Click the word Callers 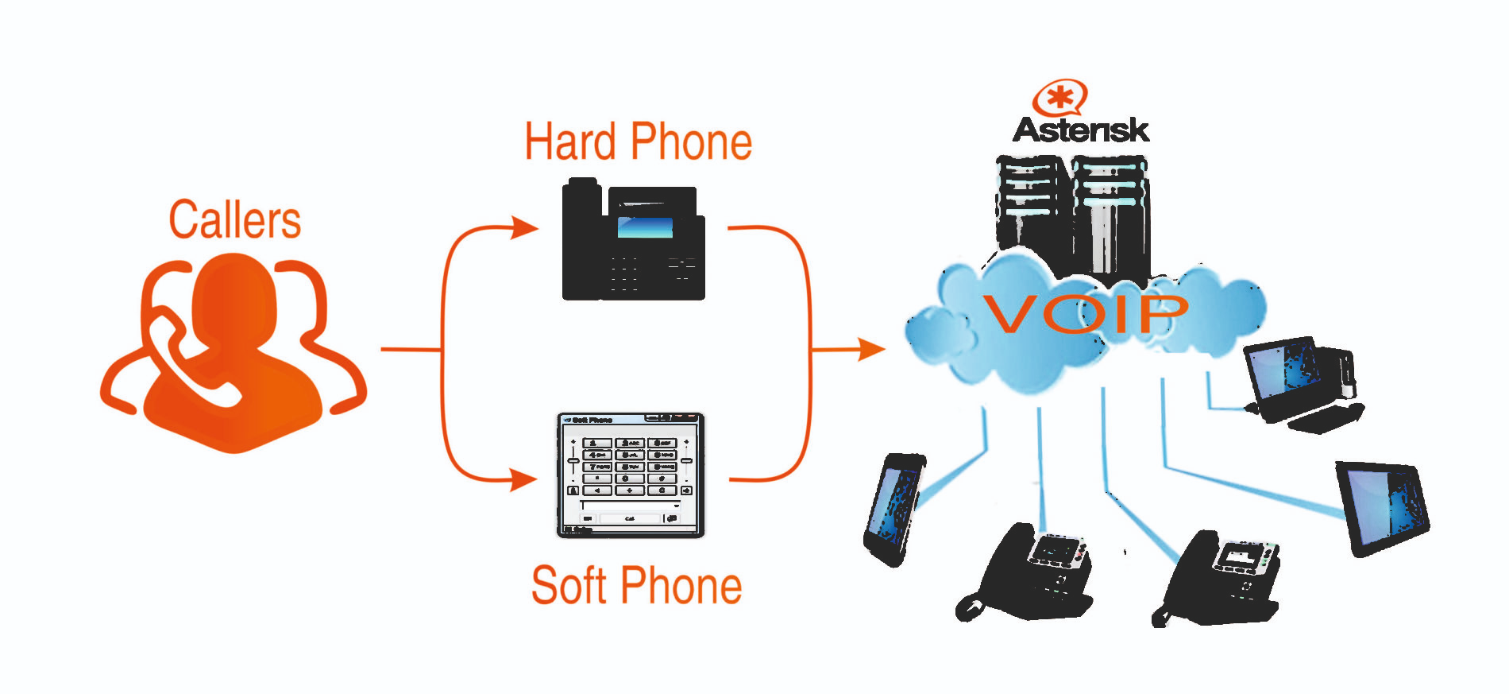(x=235, y=220)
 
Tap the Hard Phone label (x=638, y=142)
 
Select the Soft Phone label (x=636, y=586)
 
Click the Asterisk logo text (x=1080, y=130)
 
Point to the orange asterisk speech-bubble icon (x=1059, y=98)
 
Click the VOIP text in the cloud (x=1085, y=313)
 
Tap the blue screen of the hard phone (x=645, y=227)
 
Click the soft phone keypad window (x=631, y=475)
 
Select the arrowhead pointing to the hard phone (x=524, y=228)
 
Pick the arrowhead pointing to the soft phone (x=523, y=480)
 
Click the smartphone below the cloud (x=894, y=509)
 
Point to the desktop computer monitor (x=1282, y=374)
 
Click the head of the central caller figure (x=234, y=298)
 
